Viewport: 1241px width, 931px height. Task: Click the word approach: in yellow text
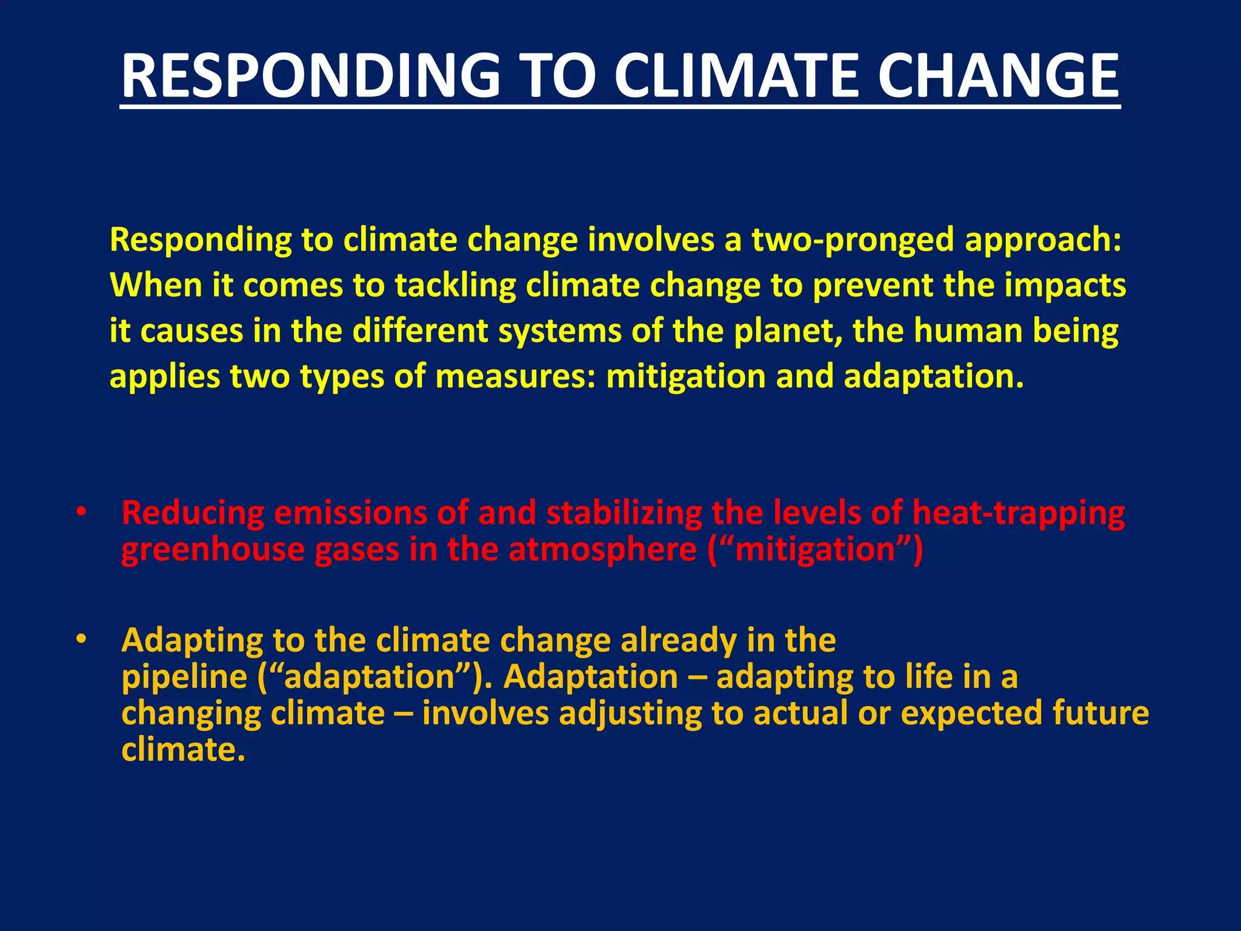point(1042,241)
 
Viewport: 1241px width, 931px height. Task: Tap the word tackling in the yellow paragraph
point(455,285)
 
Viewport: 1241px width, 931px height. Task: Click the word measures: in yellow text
point(515,376)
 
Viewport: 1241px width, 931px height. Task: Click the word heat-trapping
point(1018,513)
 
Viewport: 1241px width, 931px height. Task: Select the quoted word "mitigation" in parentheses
point(815,550)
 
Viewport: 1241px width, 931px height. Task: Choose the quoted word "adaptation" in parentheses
point(370,677)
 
